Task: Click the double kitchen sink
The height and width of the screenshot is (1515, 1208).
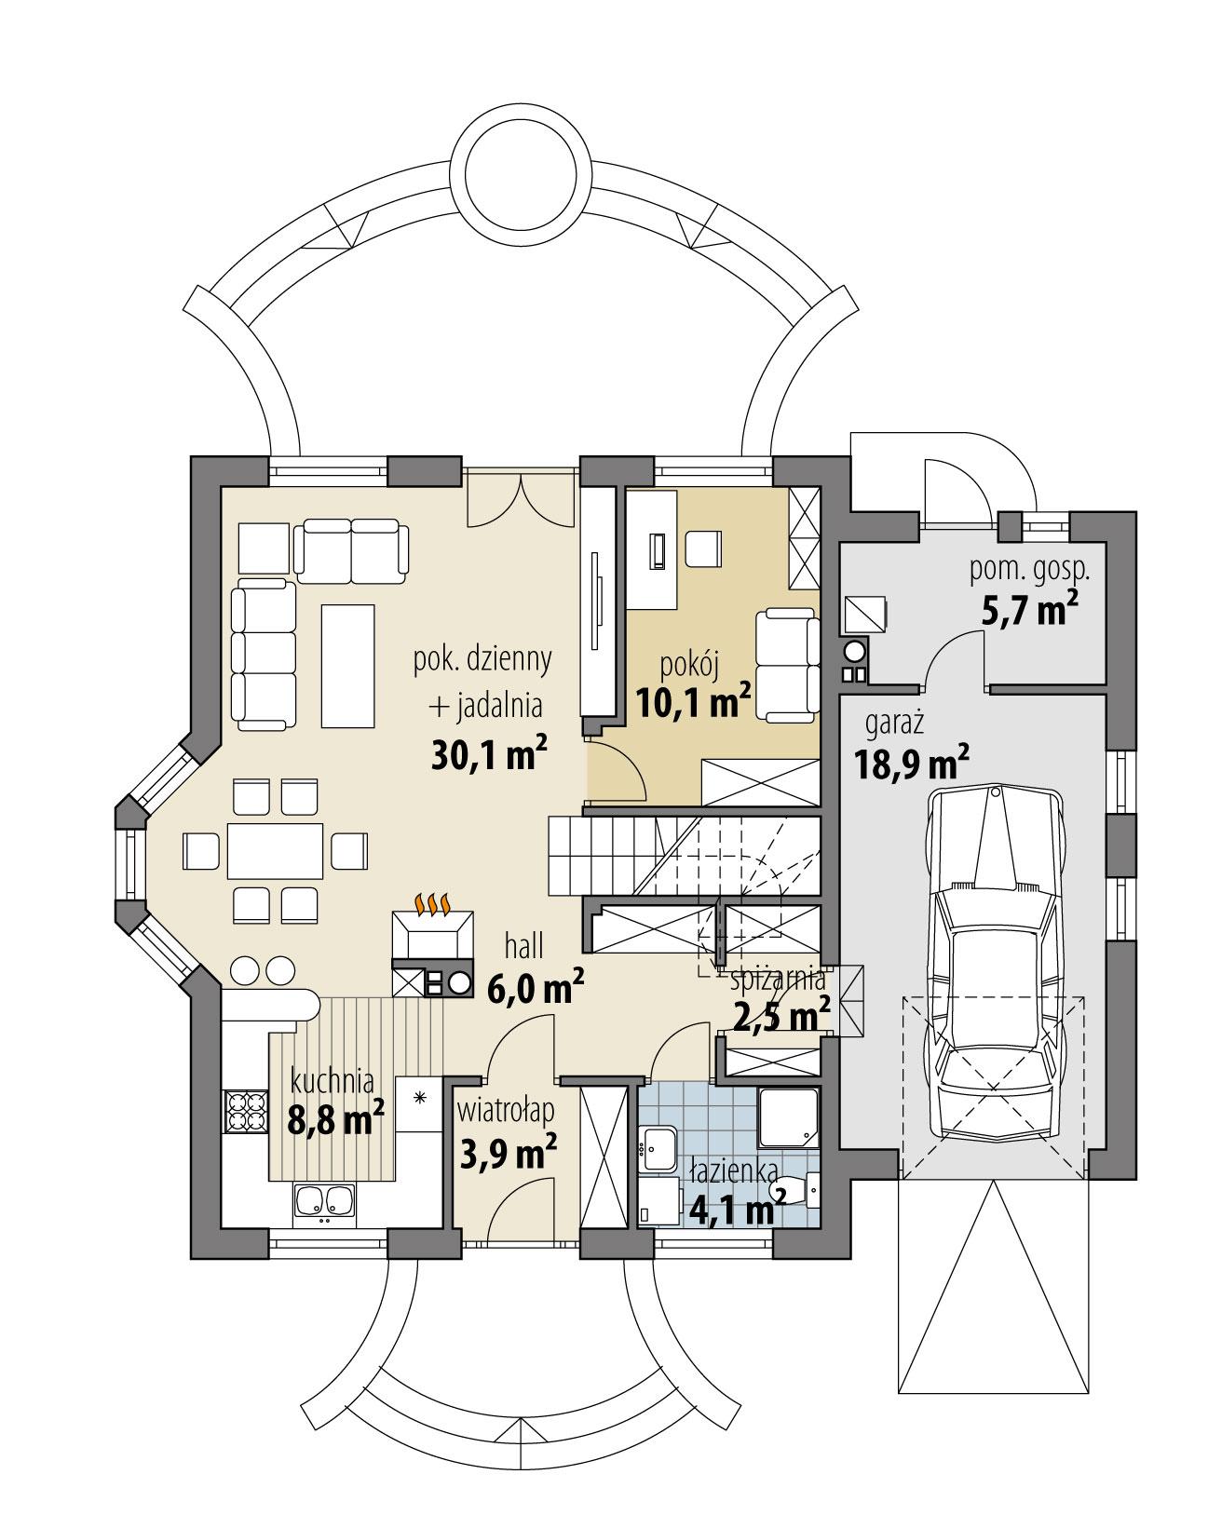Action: point(324,1201)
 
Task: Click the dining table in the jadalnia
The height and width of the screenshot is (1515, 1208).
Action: point(276,850)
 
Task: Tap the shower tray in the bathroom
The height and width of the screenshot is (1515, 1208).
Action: point(790,1118)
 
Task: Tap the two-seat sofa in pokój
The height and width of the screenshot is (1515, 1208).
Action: point(786,664)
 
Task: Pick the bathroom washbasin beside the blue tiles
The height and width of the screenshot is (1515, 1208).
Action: point(659,1147)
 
